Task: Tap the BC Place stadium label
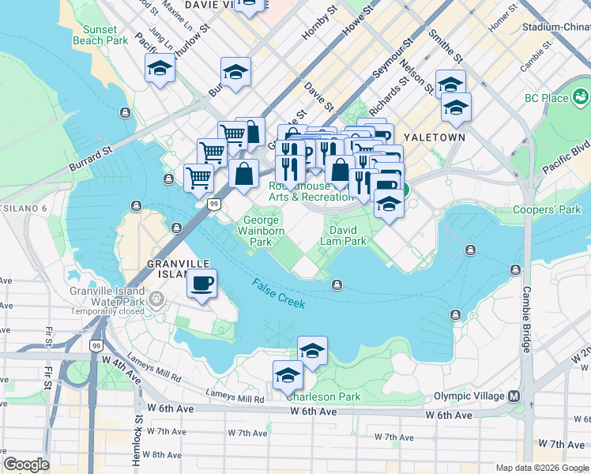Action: pyautogui.click(x=547, y=98)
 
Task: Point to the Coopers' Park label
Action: pyautogui.click(x=547, y=209)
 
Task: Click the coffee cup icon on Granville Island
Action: pyautogui.click(x=203, y=283)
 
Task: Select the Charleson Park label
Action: pyautogui.click(x=325, y=397)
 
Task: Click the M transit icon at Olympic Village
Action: pyautogui.click(x=514, y=396)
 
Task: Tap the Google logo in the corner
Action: pyautogui.click(x=26, y=465)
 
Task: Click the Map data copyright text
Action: pyautogui.click(x=541, y=468)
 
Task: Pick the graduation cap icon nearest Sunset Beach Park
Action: pyautogui.click(x=160, y=70)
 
